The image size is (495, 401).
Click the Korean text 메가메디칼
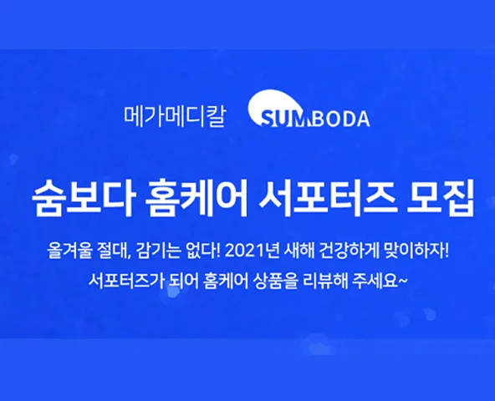click(x=175, y=117)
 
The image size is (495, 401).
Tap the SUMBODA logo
click(x=309, y=109)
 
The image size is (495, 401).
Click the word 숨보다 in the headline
click(x=84, y=198)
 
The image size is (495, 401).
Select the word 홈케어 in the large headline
click(x=196, y=198)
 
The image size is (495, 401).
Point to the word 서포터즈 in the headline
click(x=327, y=198)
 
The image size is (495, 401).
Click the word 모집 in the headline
click(x=441, y=198)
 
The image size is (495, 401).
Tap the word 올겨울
click(x=69, y=251)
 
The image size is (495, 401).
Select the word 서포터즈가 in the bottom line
click(x=126, y=280)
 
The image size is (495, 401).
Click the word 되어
click(x=184, y=280)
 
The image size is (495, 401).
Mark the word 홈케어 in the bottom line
click(x=226, y=280)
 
